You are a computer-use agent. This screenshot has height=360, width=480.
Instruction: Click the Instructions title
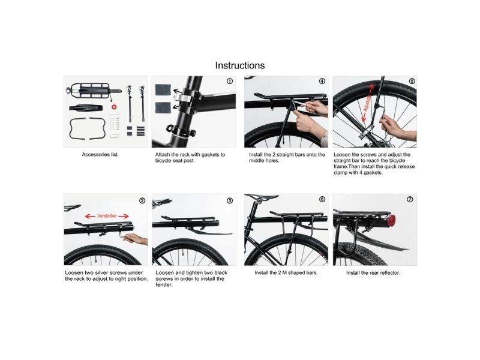(x=239, y=65)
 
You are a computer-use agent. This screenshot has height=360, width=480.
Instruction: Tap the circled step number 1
(x=230, y=81)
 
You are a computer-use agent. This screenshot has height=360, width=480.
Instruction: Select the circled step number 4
(x=322, y=81)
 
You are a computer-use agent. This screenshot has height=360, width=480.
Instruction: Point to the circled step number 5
(x=412, y=81)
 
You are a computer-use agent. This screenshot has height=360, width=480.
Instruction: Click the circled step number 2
(x=142, y=201)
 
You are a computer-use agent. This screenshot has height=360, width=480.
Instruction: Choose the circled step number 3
(x=230, y=201)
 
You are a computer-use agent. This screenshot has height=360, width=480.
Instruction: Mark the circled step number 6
(x=322, y=199)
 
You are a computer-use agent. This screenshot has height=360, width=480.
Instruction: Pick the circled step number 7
(x=410, y=199)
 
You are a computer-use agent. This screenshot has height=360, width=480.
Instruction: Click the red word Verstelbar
(x=107, y=216)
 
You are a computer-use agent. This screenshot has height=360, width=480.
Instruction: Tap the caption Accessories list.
(x=100, y=155)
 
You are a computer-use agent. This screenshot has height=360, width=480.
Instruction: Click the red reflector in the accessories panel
(x=114, y=107)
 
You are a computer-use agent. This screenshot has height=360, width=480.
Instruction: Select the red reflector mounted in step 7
(x=391, y=220)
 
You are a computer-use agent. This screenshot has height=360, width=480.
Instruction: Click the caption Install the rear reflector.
(x=373, y=273)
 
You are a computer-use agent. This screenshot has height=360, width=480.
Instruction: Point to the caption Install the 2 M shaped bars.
(x=286, y=273)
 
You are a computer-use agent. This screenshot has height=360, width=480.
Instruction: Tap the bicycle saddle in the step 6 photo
(x=261, y=196)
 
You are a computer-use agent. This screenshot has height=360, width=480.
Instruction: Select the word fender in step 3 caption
(x=164, y=285)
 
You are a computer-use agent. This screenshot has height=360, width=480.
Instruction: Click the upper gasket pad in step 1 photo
(x=163, y=89)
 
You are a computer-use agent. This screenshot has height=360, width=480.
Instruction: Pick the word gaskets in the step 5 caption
(x=373, y=173)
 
